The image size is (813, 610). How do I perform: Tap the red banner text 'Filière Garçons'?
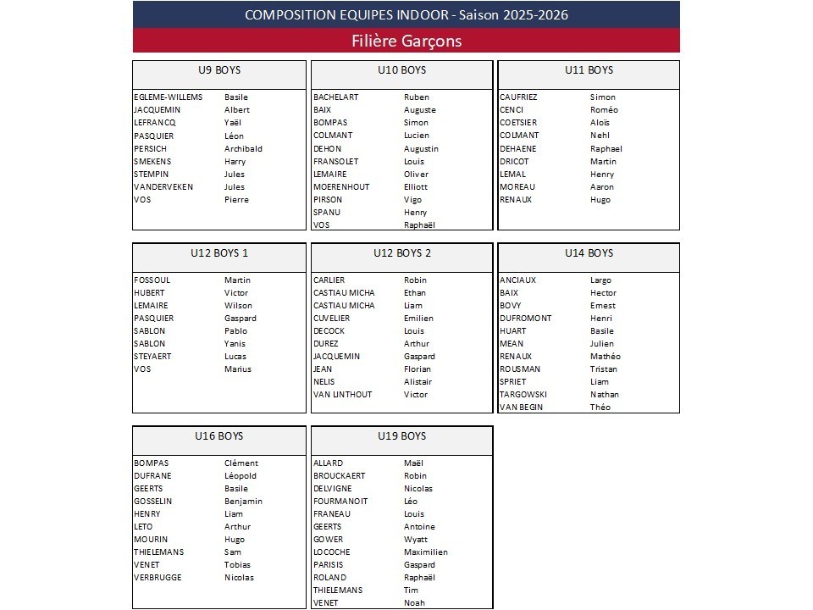click(406, 41)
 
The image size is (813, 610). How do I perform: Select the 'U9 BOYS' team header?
click(219, 70)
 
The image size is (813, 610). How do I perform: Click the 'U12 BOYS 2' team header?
click(402, 253)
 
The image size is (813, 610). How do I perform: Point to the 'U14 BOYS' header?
click(589, 253)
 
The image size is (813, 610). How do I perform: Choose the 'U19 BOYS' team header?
click(402, 436)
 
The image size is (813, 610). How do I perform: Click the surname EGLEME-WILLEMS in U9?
click(169, 97)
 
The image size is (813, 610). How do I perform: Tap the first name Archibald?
click(243, 149)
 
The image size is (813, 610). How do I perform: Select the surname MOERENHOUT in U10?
click(341, 187)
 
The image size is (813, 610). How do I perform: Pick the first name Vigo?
click(412, 200)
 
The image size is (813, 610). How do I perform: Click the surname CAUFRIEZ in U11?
click(518, 97)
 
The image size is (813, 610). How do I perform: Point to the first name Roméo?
click(604, 110)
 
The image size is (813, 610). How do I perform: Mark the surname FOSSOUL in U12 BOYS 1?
click(152, 280)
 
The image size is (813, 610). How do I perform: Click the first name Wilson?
click(238, 306)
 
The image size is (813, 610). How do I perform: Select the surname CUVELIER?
click(331, 319)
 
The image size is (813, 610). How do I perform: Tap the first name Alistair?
click(418, 382)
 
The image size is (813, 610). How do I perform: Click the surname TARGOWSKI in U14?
click(523, 395)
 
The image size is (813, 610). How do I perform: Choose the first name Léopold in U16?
click(241, 476)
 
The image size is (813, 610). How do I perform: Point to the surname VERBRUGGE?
click(158, 578)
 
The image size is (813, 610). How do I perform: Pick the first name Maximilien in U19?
click(426, 552)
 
